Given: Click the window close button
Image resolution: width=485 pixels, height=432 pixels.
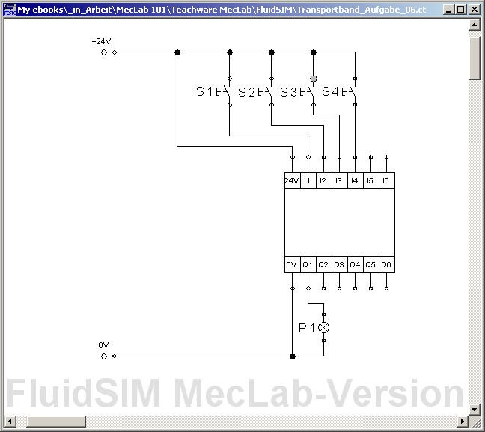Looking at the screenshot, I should click(475, 10).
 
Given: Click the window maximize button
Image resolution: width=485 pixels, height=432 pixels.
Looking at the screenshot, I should click(462, 10).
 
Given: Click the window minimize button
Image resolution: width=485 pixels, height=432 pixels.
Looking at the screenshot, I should click(449, 10).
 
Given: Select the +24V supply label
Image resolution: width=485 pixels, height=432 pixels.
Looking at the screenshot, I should click(100, 41).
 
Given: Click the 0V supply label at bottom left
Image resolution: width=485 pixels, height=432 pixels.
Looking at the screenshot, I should click(103, 345).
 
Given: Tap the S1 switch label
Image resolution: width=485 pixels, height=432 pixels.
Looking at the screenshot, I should click(205, 92).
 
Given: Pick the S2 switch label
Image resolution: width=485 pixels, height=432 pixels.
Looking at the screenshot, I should click(247, 92).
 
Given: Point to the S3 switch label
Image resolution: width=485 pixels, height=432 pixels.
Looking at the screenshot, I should click(289, 92).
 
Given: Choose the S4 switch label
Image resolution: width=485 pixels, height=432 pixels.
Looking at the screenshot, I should click(331, 92).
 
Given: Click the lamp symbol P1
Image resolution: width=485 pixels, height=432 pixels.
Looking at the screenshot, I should click(323, 328).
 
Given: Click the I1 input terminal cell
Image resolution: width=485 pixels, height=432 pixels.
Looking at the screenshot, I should click(308, 181).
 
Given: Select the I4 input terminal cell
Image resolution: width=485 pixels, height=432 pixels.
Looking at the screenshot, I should click(355, 181).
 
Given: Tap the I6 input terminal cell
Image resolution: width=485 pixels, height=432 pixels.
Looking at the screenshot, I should click(386, 181).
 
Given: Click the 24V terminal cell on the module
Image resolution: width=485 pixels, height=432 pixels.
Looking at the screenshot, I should click(292, 181).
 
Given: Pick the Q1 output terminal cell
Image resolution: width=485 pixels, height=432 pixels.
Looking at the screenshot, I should click(308, 265).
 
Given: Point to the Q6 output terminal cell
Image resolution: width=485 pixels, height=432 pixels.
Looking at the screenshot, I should click(386, 265).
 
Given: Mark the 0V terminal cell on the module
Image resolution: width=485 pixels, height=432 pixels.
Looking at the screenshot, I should click(292, 265).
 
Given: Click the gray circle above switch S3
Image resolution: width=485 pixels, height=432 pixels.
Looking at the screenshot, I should click(314, 78).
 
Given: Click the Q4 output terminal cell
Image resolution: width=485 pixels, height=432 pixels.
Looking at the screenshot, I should click(355, 265).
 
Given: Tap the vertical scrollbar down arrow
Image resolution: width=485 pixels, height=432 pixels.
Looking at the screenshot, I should click(475, 409).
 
